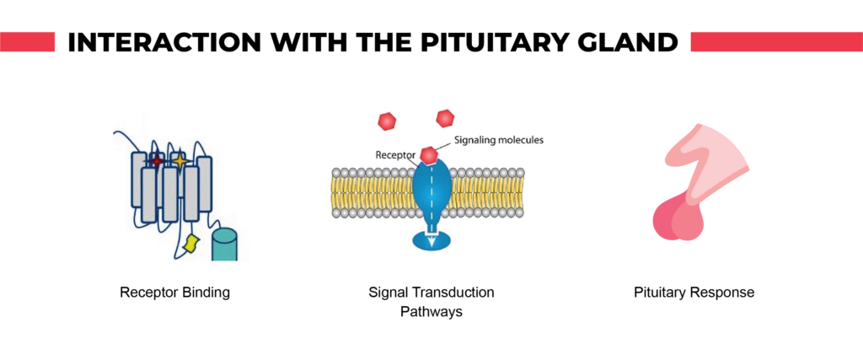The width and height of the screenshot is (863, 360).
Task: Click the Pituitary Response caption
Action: pyautogui.click(x=694, y=293)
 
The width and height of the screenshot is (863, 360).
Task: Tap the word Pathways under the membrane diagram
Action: pyautogui.click(x=431, y=311)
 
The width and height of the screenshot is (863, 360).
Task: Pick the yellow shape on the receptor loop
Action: pyautogui.click(x=192, y=244)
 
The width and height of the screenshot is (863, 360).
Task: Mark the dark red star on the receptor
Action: pyautogui.click(x=156, y=159)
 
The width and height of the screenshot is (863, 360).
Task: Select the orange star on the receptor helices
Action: pyautogui.click(x=179, y=159)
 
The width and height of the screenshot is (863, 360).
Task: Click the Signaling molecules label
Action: pyautogui.click(x=499, y=140)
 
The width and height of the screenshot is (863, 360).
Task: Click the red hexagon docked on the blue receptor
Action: pyautogui.click(x=429, y=154)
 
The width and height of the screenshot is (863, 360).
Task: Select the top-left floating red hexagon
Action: pyautogui.click(x=388, y=121)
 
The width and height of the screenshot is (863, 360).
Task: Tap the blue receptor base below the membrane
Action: pyautogui.click(x=431, y=239)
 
